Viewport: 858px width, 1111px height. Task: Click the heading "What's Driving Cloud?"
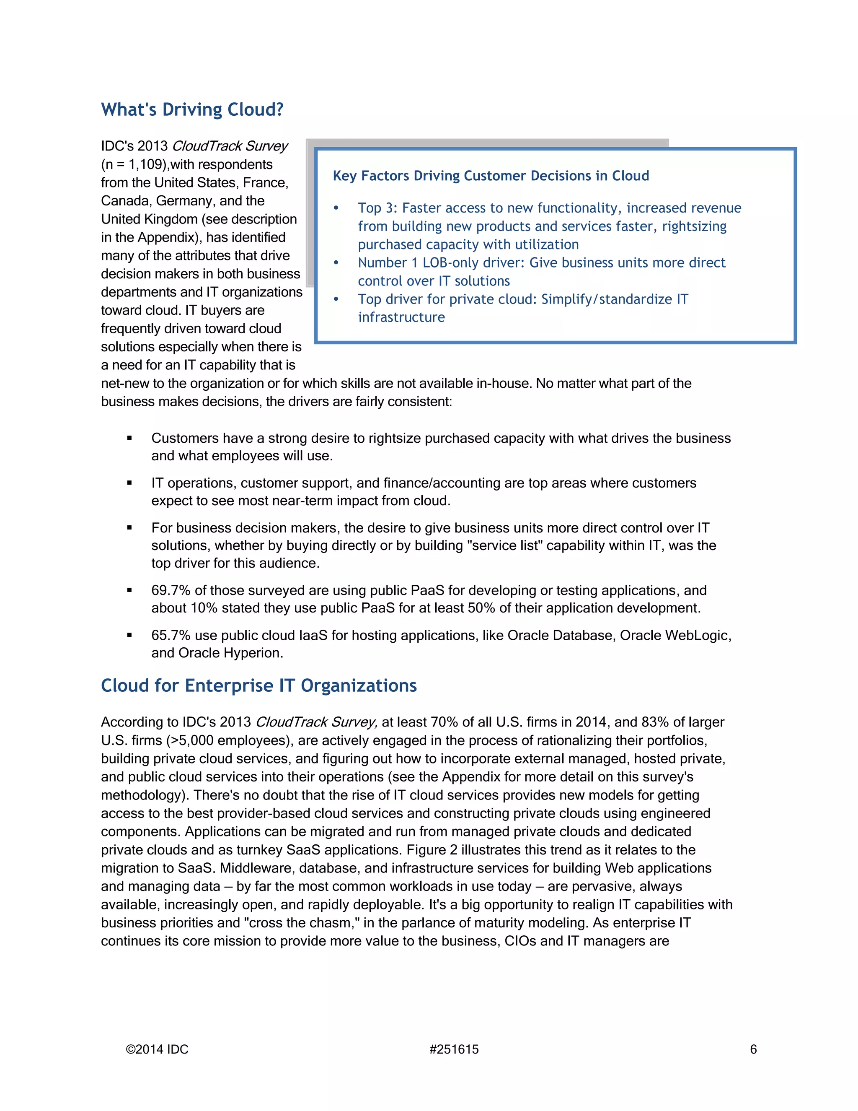tap(192, 110)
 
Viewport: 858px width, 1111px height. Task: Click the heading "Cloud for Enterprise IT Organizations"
tap(259, 686)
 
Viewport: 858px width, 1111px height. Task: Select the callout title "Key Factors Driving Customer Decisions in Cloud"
tap(491, 176)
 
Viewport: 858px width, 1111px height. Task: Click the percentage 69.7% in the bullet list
tap(171, 591)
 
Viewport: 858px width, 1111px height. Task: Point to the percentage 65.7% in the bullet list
tap(171, 635)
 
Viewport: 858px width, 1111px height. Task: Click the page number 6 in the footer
tap(753, 1049)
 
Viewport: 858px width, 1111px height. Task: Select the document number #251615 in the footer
tap(454, 1049)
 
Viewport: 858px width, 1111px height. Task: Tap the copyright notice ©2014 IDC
tap(157, 1049)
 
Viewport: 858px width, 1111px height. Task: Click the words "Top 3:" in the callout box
tap(377, 208)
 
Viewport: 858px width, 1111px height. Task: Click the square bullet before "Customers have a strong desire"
tap(129, 438)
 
